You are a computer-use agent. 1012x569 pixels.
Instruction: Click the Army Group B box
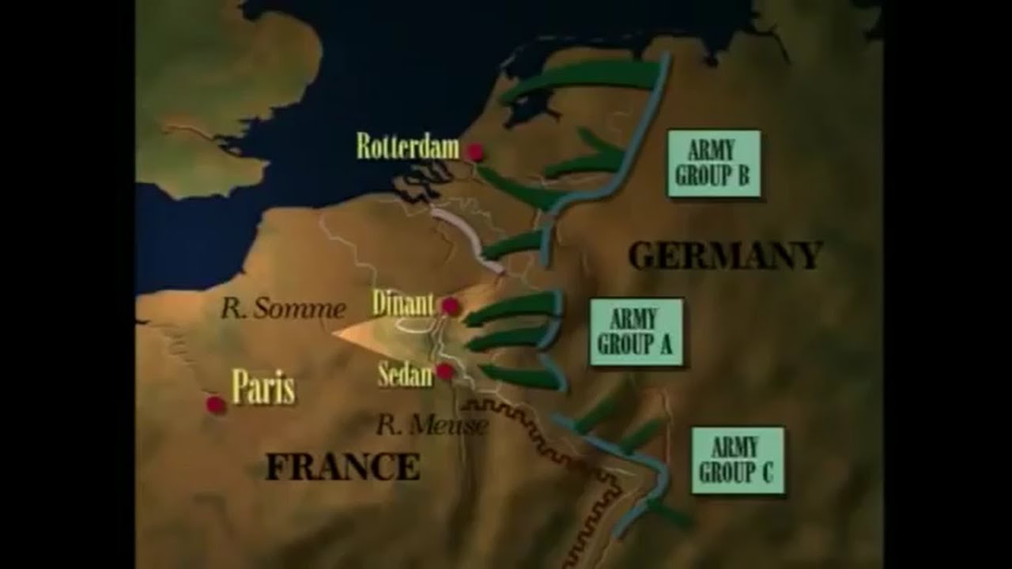pyautogui.click(x=713, y=164)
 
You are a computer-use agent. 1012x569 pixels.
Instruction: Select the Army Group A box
pyautogui.click(x=636, y=332)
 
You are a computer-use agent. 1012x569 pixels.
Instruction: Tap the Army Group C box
pyautogui.click(x=738, y=460)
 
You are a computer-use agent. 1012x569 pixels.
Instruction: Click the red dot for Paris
pyautogui.click(x=215, y=405)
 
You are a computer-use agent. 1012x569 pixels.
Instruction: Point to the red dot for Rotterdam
pyautogui.click(x=475, y=152)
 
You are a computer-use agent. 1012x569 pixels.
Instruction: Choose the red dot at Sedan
pyautogui.click(x=445, y=371)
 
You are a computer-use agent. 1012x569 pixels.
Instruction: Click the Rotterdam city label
pyautogui.click(x=407, y=146)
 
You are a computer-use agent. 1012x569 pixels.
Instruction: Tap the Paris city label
pyautogui.click(x=263, y=388)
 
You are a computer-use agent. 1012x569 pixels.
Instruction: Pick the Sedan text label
pyautogui.click(x=406, y=375)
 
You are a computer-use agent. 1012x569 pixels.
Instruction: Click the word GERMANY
pyautogui.click(x=725, y=255)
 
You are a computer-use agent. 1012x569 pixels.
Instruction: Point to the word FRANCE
pyautogui.click(x=342, y=466)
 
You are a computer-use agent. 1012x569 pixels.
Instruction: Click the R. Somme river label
pyautogui.click(x=282, y=309)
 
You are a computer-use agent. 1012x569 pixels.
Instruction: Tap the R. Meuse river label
pyautogui.click(x=432, y=425)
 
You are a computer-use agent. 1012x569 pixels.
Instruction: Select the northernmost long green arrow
pyautogui.click(x=585, y=79)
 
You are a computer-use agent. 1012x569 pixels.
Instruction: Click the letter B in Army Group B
pyautogui.click(x=742, y=175)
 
